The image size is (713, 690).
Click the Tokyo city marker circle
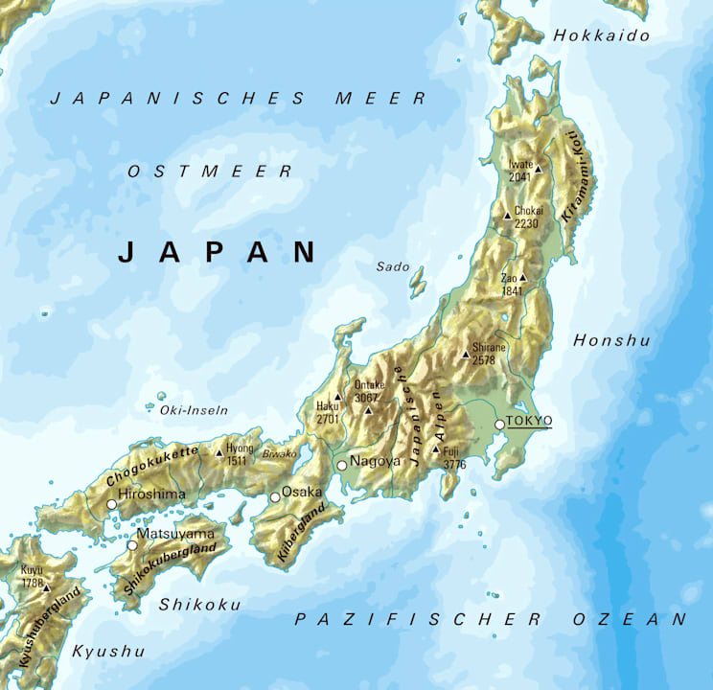[x=499, y=425]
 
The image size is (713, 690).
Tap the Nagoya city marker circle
[x=341, y=465]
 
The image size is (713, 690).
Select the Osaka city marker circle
[x=275, y=496]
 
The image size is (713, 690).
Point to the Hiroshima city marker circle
[x=112, y=503]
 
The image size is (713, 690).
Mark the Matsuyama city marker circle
[x=132, y=545]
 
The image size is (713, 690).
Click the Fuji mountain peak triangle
[x=436, y=449]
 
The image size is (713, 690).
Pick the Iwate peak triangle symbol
[x=538, y=170]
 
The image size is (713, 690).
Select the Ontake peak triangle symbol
[x=368, y=410]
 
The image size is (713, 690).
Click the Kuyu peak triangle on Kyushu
[x=45, y=588]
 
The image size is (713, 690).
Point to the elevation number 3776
[x=454, y=465]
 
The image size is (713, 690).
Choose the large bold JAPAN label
[x=217, y=252]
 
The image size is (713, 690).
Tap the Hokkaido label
[x=602, y=35]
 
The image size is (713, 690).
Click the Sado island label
[x=393, y=265]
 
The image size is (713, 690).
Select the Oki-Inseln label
[x=195, y=410]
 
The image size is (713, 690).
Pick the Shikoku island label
[x=199, y=604]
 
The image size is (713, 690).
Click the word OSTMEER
[x=210, y=172]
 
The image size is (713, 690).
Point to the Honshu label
[x=611, y=340]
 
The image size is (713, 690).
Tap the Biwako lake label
[x=280, y=453]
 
